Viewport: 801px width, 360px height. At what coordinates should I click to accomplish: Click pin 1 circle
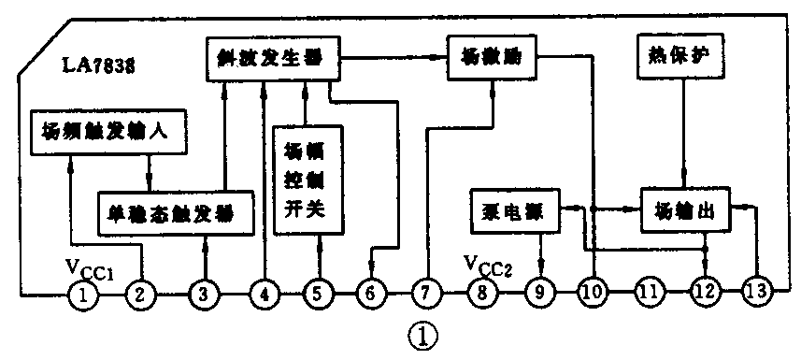85,295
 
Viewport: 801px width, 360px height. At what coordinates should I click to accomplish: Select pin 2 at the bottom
140,295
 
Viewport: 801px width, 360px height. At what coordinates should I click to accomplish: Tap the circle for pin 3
203,295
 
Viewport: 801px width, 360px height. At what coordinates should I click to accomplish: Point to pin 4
265,295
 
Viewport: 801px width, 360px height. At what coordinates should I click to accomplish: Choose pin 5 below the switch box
318,295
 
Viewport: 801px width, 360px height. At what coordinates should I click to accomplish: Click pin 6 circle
371,295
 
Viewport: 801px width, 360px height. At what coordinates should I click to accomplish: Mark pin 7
425,295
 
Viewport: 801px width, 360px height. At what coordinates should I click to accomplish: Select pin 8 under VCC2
483,295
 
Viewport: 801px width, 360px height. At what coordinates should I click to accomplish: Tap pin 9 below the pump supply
539,295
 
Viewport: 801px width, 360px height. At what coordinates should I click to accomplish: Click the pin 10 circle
592,295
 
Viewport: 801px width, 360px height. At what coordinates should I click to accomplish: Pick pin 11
649,295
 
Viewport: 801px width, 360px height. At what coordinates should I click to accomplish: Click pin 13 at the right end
758,295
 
